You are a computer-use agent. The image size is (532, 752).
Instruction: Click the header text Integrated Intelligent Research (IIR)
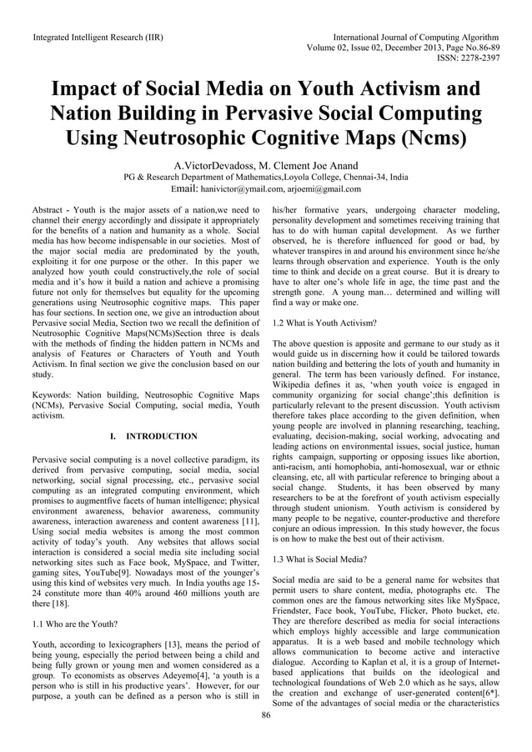pos(98,38)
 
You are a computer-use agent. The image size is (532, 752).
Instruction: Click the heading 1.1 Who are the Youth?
pos(74,623)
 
